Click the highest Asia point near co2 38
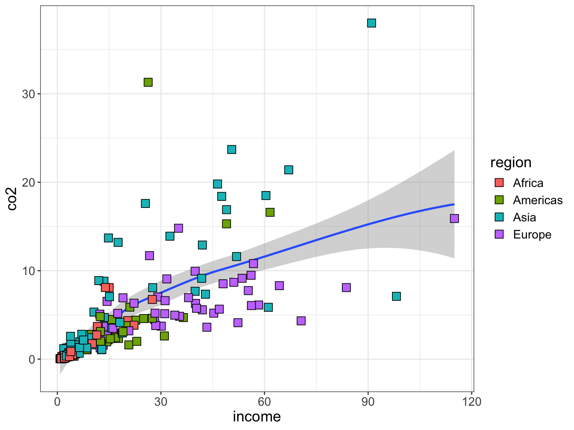tap(371, 23)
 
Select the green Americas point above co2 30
tap(148, 82)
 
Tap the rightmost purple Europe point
tap(454, 218)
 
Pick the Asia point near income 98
tap(396, 296)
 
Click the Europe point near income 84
tap(346, 287)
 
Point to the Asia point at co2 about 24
tap(232, 150)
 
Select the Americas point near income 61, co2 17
tap(270, 212)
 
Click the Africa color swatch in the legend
tap(499, 183)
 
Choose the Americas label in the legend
tap(537, 200)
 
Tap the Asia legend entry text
tap(524, 218)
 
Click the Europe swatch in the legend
tap(499, 234)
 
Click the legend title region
tap(510, 163)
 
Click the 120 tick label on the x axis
tap(472, 402)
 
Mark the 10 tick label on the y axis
tap(28, 271)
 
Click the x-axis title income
tap(257, 417)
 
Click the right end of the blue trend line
tap(453, 204)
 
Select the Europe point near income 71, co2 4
tap(301, 321)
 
